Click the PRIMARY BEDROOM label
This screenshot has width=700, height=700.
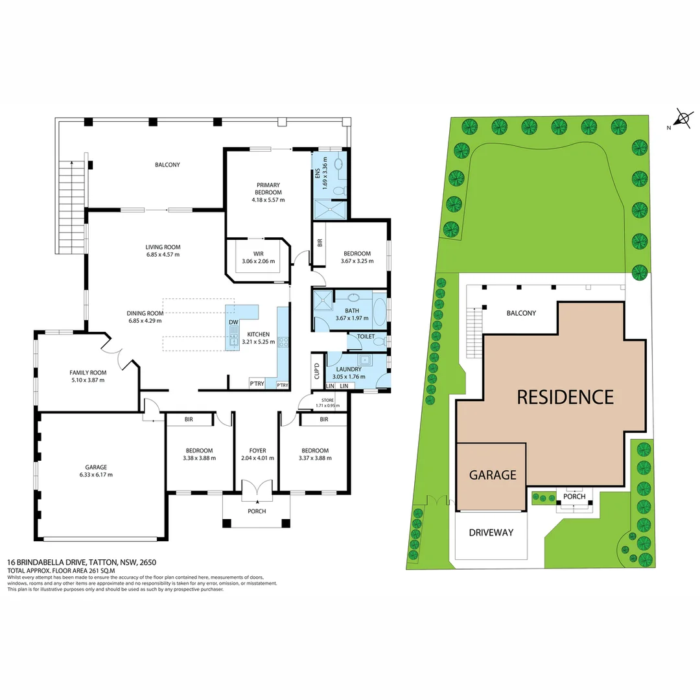click(268, 189)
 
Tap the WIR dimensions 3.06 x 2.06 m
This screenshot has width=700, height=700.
click(258, 262)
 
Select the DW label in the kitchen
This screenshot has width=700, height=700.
click(233, 322)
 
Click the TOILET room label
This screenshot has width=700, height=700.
click(366, 336)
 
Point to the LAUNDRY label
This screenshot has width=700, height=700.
click(348, 369)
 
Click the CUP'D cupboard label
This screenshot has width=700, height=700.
click(317, 372)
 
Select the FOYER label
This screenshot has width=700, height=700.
click(257, 450)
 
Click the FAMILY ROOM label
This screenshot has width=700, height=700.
click(87, 373)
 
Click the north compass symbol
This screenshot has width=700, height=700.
click(682, 119)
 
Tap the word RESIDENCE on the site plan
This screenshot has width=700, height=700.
click(565, 397)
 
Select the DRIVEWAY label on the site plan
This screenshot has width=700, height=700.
click(491, 532)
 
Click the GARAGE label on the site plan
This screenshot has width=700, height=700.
click(492, 474)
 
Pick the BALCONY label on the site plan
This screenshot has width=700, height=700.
click(521, 313)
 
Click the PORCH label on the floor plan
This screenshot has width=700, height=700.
click(257, 511)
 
